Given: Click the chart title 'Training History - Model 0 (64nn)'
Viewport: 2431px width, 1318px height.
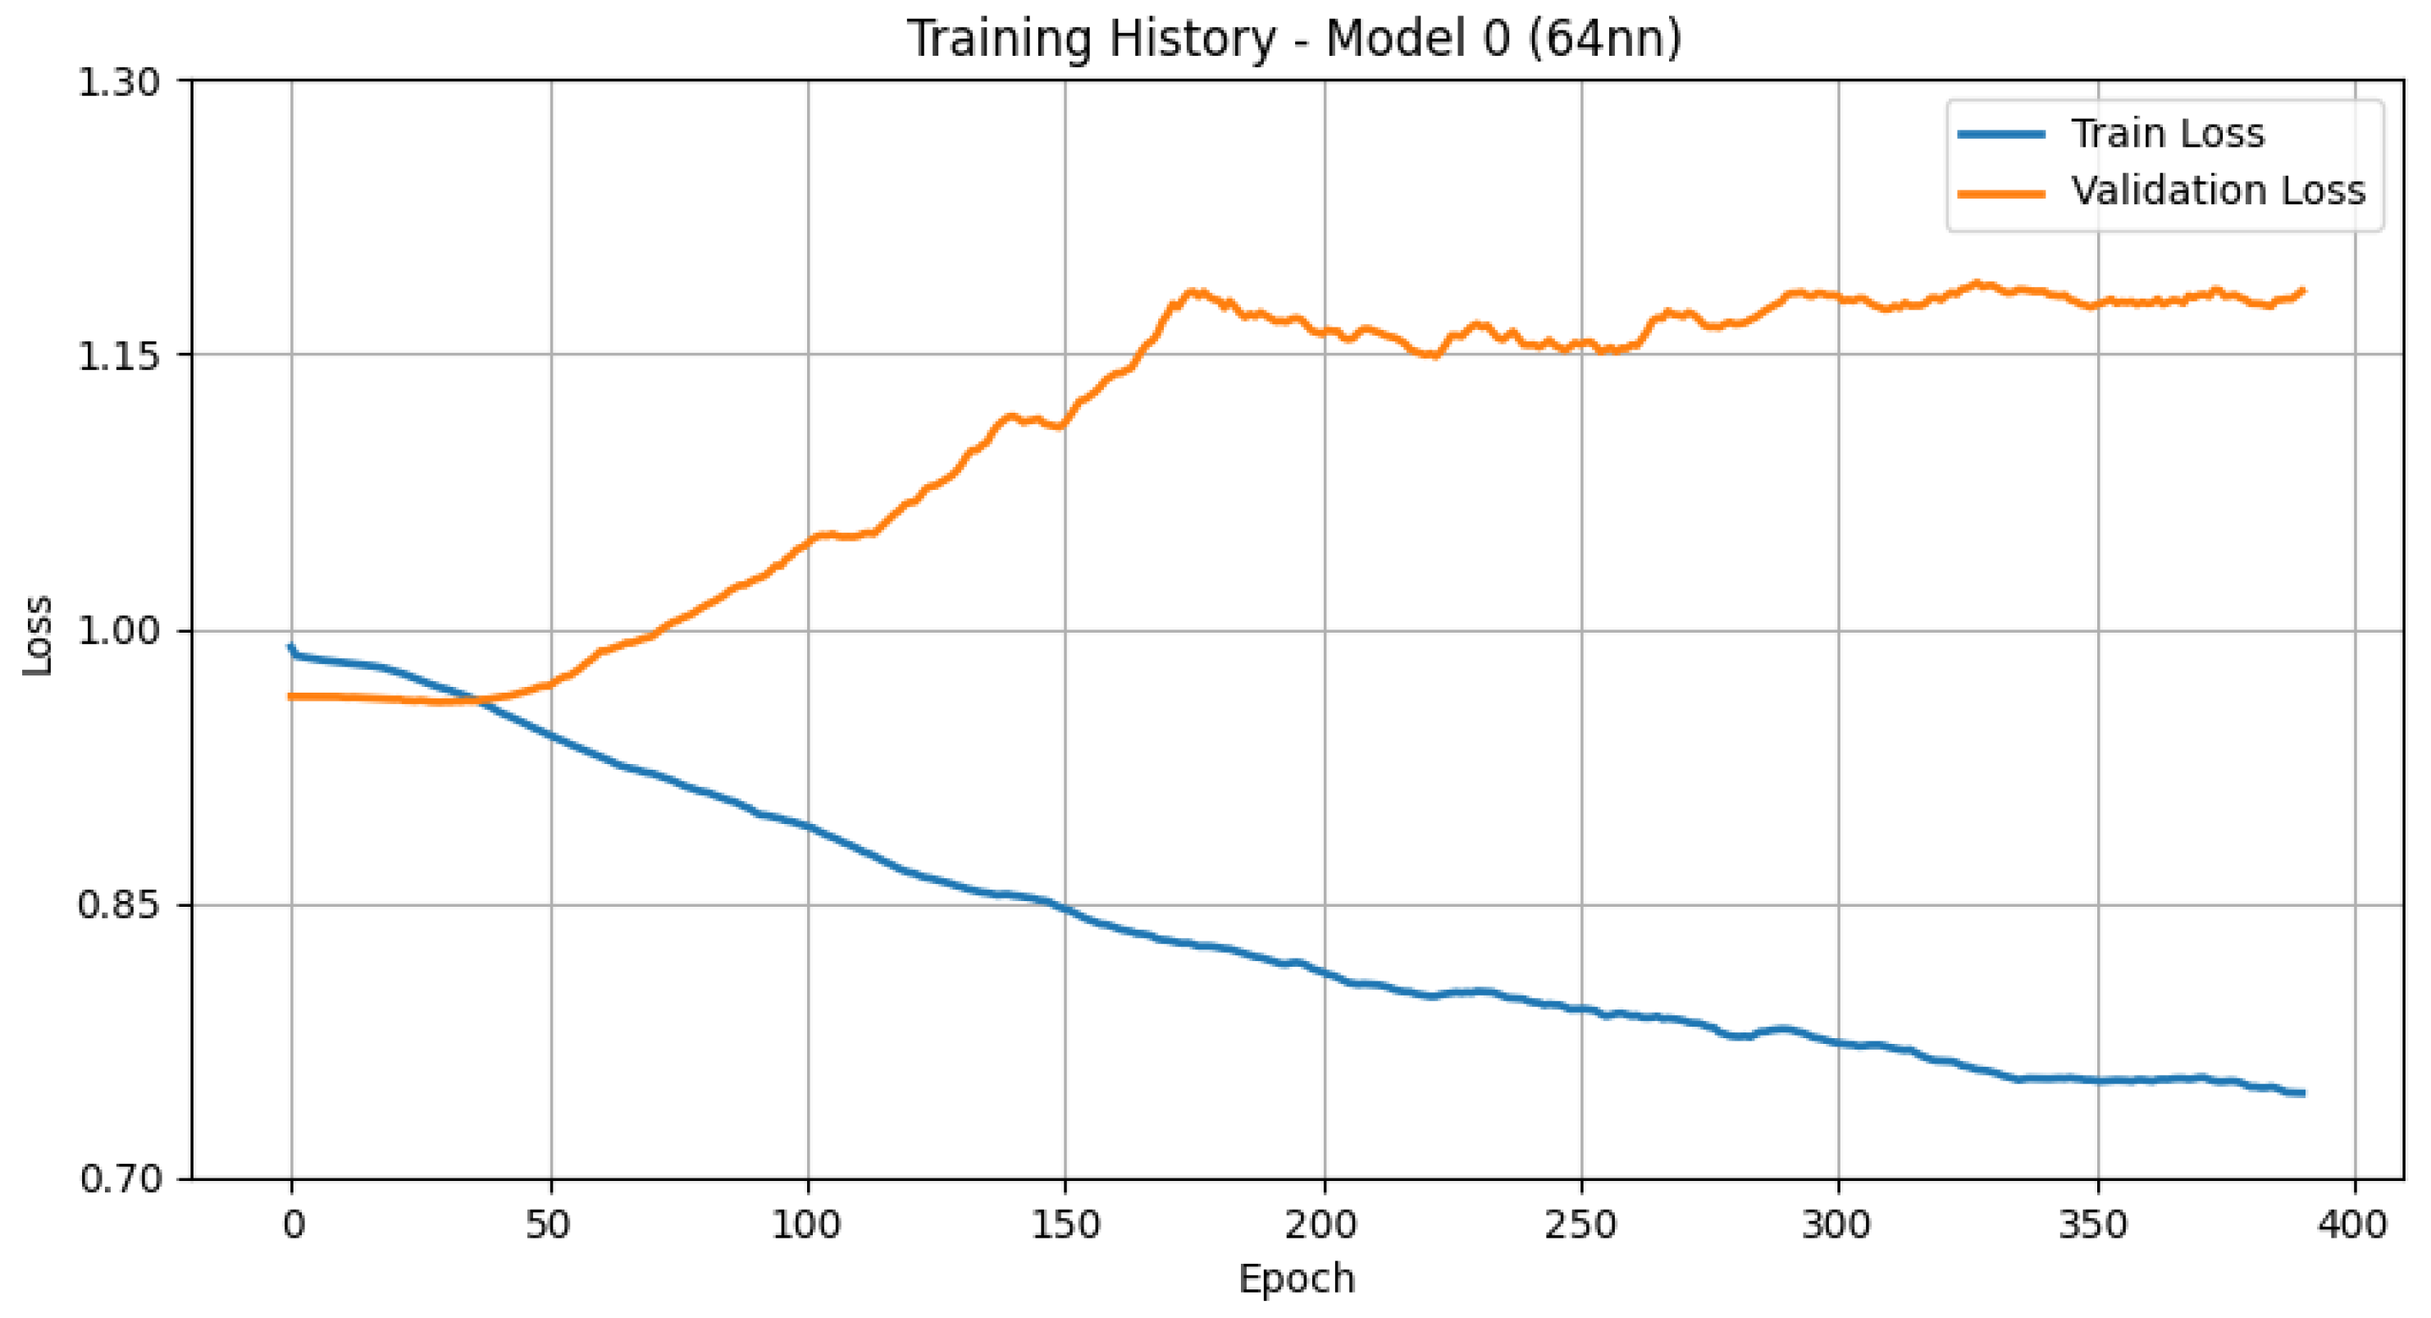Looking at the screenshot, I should pos(1294,39).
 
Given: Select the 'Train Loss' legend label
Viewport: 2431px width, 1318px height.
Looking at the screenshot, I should pos(2168,133).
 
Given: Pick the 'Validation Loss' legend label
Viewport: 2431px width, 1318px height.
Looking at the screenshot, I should pos(2218,190).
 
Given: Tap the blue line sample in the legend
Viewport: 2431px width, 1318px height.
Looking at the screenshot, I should pos(2001,134).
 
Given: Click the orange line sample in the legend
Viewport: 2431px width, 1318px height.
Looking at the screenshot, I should pos(2001,193).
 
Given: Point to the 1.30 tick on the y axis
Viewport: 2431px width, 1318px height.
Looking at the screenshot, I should pos(119,83).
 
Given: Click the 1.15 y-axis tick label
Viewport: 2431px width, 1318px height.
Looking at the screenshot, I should pos(119,357).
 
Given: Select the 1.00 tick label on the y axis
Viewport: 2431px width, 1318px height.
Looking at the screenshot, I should pos(119,630).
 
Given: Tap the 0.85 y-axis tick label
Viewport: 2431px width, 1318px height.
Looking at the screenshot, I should pos(119,905).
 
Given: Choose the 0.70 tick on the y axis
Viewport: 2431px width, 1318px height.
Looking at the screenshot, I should pos(119,1179).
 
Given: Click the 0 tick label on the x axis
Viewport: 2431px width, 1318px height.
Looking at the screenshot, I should pos(293,1225).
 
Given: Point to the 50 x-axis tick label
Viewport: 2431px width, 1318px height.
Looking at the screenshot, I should pos(549,1225).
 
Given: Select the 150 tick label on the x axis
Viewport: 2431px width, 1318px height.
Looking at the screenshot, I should pos(1065,1225).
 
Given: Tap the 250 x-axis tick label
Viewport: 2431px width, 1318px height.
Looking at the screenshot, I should pos(1580,1225).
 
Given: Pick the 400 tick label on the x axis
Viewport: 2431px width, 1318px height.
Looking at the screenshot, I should pos(2356,1225).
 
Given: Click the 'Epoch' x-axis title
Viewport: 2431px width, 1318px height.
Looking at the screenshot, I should pos(1297,1279).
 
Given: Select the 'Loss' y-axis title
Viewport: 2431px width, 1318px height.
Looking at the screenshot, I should pos(38,634).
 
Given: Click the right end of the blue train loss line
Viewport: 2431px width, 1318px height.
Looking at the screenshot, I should pos(2304,1093).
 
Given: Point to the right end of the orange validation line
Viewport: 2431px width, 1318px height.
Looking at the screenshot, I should pos(2304,291).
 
